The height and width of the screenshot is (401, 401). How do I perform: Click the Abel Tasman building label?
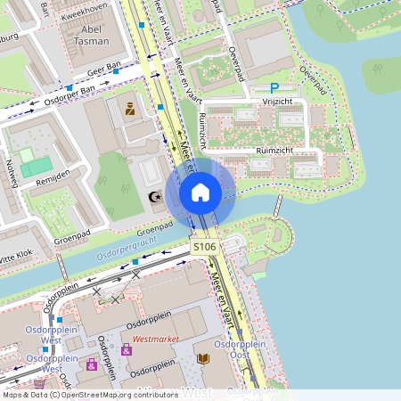[x=91, y=35]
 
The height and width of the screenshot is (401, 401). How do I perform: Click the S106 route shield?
[x=203, y=246]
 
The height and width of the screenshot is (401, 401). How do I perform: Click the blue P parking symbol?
[x=274, y=88]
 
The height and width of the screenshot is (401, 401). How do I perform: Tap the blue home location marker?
[x=200, y=192]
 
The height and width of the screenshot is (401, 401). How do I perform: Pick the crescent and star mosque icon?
[x=154, y=196]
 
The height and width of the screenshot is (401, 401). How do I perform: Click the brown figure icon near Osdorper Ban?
[x=130, y=110]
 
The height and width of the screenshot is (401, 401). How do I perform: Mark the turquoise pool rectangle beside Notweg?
[x=37, y=167]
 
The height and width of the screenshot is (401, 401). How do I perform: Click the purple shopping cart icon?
[x=127, y=350]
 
